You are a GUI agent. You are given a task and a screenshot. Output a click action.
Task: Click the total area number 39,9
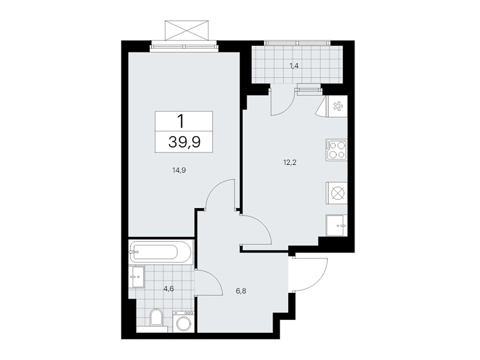click(x=184, y=142)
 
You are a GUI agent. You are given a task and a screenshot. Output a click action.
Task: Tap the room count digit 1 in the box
click(x=181, y=121)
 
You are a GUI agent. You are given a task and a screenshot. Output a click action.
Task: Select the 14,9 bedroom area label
click(x=179, y=170)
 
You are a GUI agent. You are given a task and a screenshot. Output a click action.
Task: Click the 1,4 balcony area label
click(x=294, y=66)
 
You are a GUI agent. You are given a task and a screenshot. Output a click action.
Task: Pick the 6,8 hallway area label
click(x=241, y=291)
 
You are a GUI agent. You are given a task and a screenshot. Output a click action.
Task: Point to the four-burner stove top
click(x=336, y=150)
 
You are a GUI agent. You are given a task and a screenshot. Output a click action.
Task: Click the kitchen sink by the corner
click(x=336, y=225)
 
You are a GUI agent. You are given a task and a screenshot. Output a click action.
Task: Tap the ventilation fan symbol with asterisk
click(x=338, y=106)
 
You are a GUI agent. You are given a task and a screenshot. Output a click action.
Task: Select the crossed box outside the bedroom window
click(x=186, y=30)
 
